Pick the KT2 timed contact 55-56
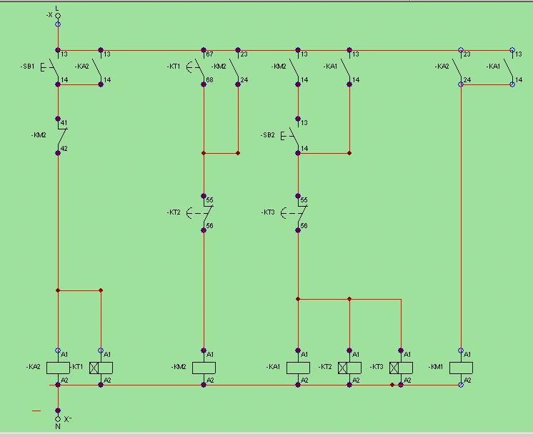click(x=203, y=212)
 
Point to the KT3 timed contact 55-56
click(x=297, y=212)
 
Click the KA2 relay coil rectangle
click(x=58, y=368)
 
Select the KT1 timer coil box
click(x=101, y=368)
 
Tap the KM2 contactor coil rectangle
click(x=204, y=368)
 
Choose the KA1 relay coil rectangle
click(x=298, y=368)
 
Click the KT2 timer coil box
click(x=349, y=368)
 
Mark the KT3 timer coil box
click(x=401, y=368)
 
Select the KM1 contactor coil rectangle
click(x=461, y=368)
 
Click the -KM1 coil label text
click(x=437, y=367)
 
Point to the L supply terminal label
click(x=57, y=7)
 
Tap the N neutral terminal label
click(x=57, y=426)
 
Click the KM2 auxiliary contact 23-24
click(x=238, y=68)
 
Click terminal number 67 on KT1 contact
click(x=209, y=54)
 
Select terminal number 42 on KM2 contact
click(x=64, y=148)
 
